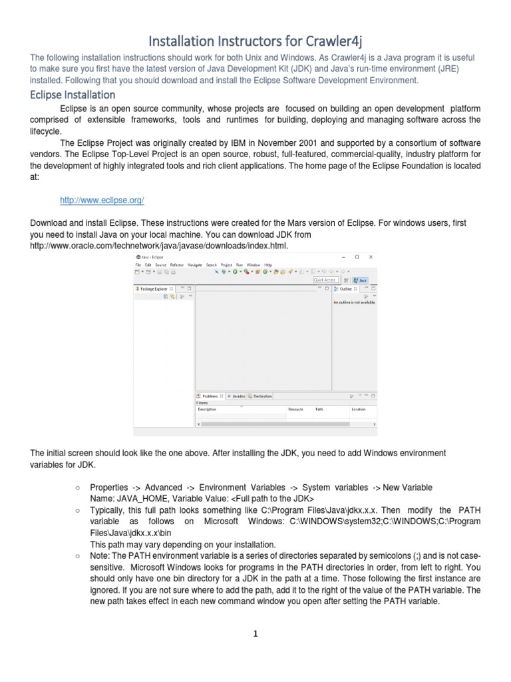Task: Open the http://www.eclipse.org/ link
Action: click(102, 200)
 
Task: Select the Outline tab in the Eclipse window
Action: click(346, 289)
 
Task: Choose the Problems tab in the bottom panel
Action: click(210, 396)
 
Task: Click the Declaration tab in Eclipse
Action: click(262, 396)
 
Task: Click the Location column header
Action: click(359, 409)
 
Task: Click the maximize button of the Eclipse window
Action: click(357, 256)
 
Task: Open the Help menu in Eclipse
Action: click(268, 264)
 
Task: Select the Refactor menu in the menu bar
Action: click(176, 264)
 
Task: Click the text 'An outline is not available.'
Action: click(354, 302)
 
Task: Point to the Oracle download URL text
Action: click(160, 246)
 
